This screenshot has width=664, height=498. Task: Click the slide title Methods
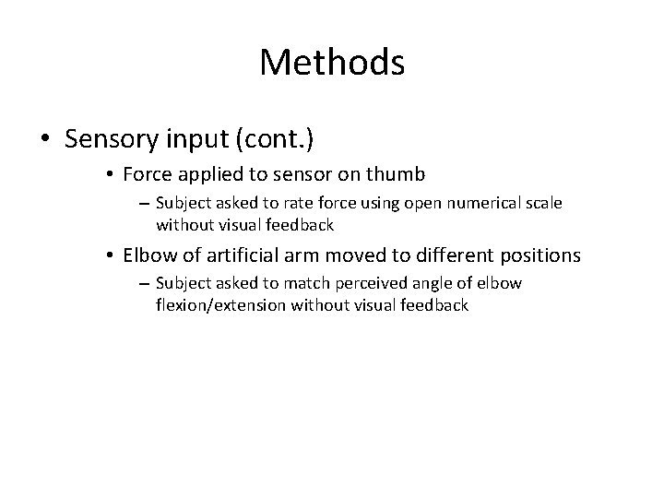pos(332,63)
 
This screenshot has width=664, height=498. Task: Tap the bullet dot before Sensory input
pos(45,139)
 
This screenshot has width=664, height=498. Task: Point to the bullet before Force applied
pos(109,172)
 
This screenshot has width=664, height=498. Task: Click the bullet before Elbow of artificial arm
pos(109,254)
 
